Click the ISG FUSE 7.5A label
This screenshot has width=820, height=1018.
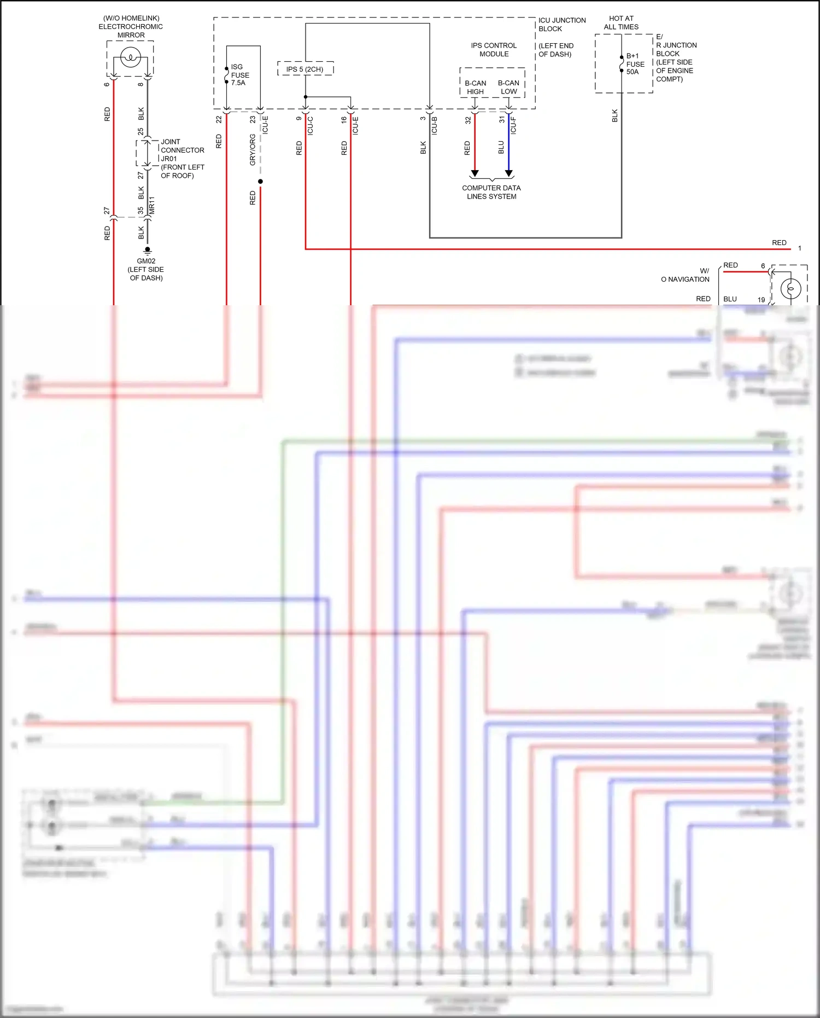click(239, 75)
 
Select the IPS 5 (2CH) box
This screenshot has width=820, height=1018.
click(305, 69)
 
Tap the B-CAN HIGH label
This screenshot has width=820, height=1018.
click(475, 88)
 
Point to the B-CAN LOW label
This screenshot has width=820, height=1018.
click(508, 88)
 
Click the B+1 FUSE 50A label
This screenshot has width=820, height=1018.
click(635, 64)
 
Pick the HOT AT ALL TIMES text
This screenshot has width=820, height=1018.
click(621, 22)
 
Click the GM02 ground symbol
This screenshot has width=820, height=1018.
click(147, 250)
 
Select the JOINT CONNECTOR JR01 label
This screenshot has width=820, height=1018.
click(182, 150)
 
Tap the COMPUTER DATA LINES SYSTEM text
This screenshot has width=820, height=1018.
click(491, 192)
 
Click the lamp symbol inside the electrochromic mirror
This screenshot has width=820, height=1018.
click(131, 57)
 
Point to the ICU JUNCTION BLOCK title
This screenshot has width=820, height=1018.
click(561, 25)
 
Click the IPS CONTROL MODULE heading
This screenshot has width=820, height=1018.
click(494, 50)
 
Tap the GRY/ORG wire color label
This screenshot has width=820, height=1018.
click(253, 150)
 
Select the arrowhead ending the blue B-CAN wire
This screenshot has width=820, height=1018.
click(509, 173)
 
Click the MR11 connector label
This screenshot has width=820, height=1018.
click(152, 205)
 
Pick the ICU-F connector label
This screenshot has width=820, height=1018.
click(513, 126)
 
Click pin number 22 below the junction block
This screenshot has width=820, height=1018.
click(219, 119)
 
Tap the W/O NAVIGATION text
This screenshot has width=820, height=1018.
click(686, 275)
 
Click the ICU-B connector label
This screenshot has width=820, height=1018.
click(435, 126)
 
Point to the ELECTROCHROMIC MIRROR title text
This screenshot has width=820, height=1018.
click(131, 26)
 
